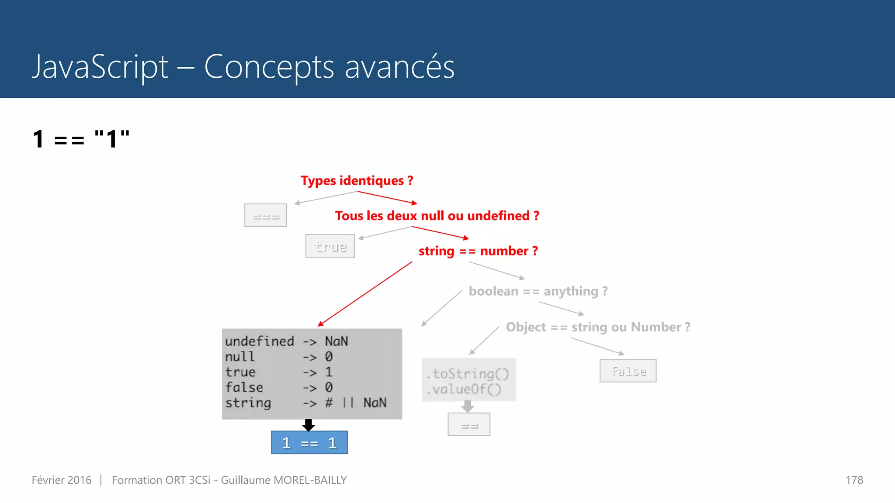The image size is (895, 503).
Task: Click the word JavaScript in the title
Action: coord(100,67)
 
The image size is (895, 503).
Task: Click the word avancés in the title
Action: coord(399,67)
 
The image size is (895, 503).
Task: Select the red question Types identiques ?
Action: coord(357,181)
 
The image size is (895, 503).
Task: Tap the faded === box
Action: coord(266,215)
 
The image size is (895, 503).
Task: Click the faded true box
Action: coord(330,246)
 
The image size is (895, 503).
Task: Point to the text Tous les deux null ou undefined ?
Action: coord(437,216)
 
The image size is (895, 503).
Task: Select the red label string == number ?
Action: coord(478,251)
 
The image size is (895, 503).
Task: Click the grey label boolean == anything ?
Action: coord(538,291)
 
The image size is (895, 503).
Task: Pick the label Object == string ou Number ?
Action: coord(598,327)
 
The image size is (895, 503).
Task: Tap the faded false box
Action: coord(628,371)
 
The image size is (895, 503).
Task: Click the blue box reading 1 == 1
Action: coord(309,443)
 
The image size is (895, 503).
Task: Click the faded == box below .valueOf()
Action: coord(469,424)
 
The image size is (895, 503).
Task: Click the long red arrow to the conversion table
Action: coord(365,294)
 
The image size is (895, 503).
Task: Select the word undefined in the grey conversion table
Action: coord(260,341)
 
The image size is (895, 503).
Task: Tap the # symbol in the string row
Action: coord(329,403)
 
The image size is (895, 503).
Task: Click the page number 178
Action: coord(854,480)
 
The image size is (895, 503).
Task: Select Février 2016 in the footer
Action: coord(62,480)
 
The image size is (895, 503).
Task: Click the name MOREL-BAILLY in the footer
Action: coord(310,480)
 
